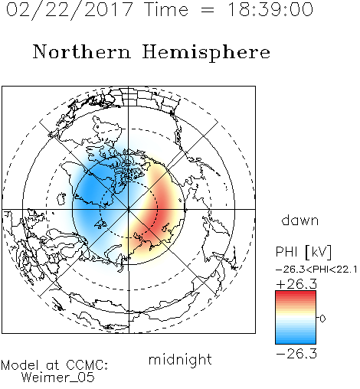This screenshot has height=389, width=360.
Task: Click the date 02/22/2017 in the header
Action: click(x=69, y=9)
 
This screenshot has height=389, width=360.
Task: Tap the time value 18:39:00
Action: click(x=270, y=9)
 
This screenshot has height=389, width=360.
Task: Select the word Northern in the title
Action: click(x=82, y=52)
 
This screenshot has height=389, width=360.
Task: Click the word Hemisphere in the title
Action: click(x=206, y=53)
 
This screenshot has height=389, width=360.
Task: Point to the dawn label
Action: click(x=300, y=220)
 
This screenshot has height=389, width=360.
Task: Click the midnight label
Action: click(x=180, y=360)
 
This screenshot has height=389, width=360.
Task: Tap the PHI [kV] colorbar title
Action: click(x=303, y=252)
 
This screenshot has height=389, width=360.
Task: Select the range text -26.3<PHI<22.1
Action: click(x=316, y=270)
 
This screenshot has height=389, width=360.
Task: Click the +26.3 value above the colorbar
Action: click(x=296, y=284)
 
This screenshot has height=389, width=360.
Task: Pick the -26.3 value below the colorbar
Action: click(x=296, y=354)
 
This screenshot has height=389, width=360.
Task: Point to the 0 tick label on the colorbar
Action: click(x=322, y=319)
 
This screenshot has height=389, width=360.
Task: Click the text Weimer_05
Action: click(x=57, y=377)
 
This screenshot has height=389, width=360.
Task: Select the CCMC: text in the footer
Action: click(x=87, y=364)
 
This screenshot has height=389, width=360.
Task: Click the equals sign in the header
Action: click(x=208, y=10)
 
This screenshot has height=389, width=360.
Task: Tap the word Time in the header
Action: click(x=166, y=9)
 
